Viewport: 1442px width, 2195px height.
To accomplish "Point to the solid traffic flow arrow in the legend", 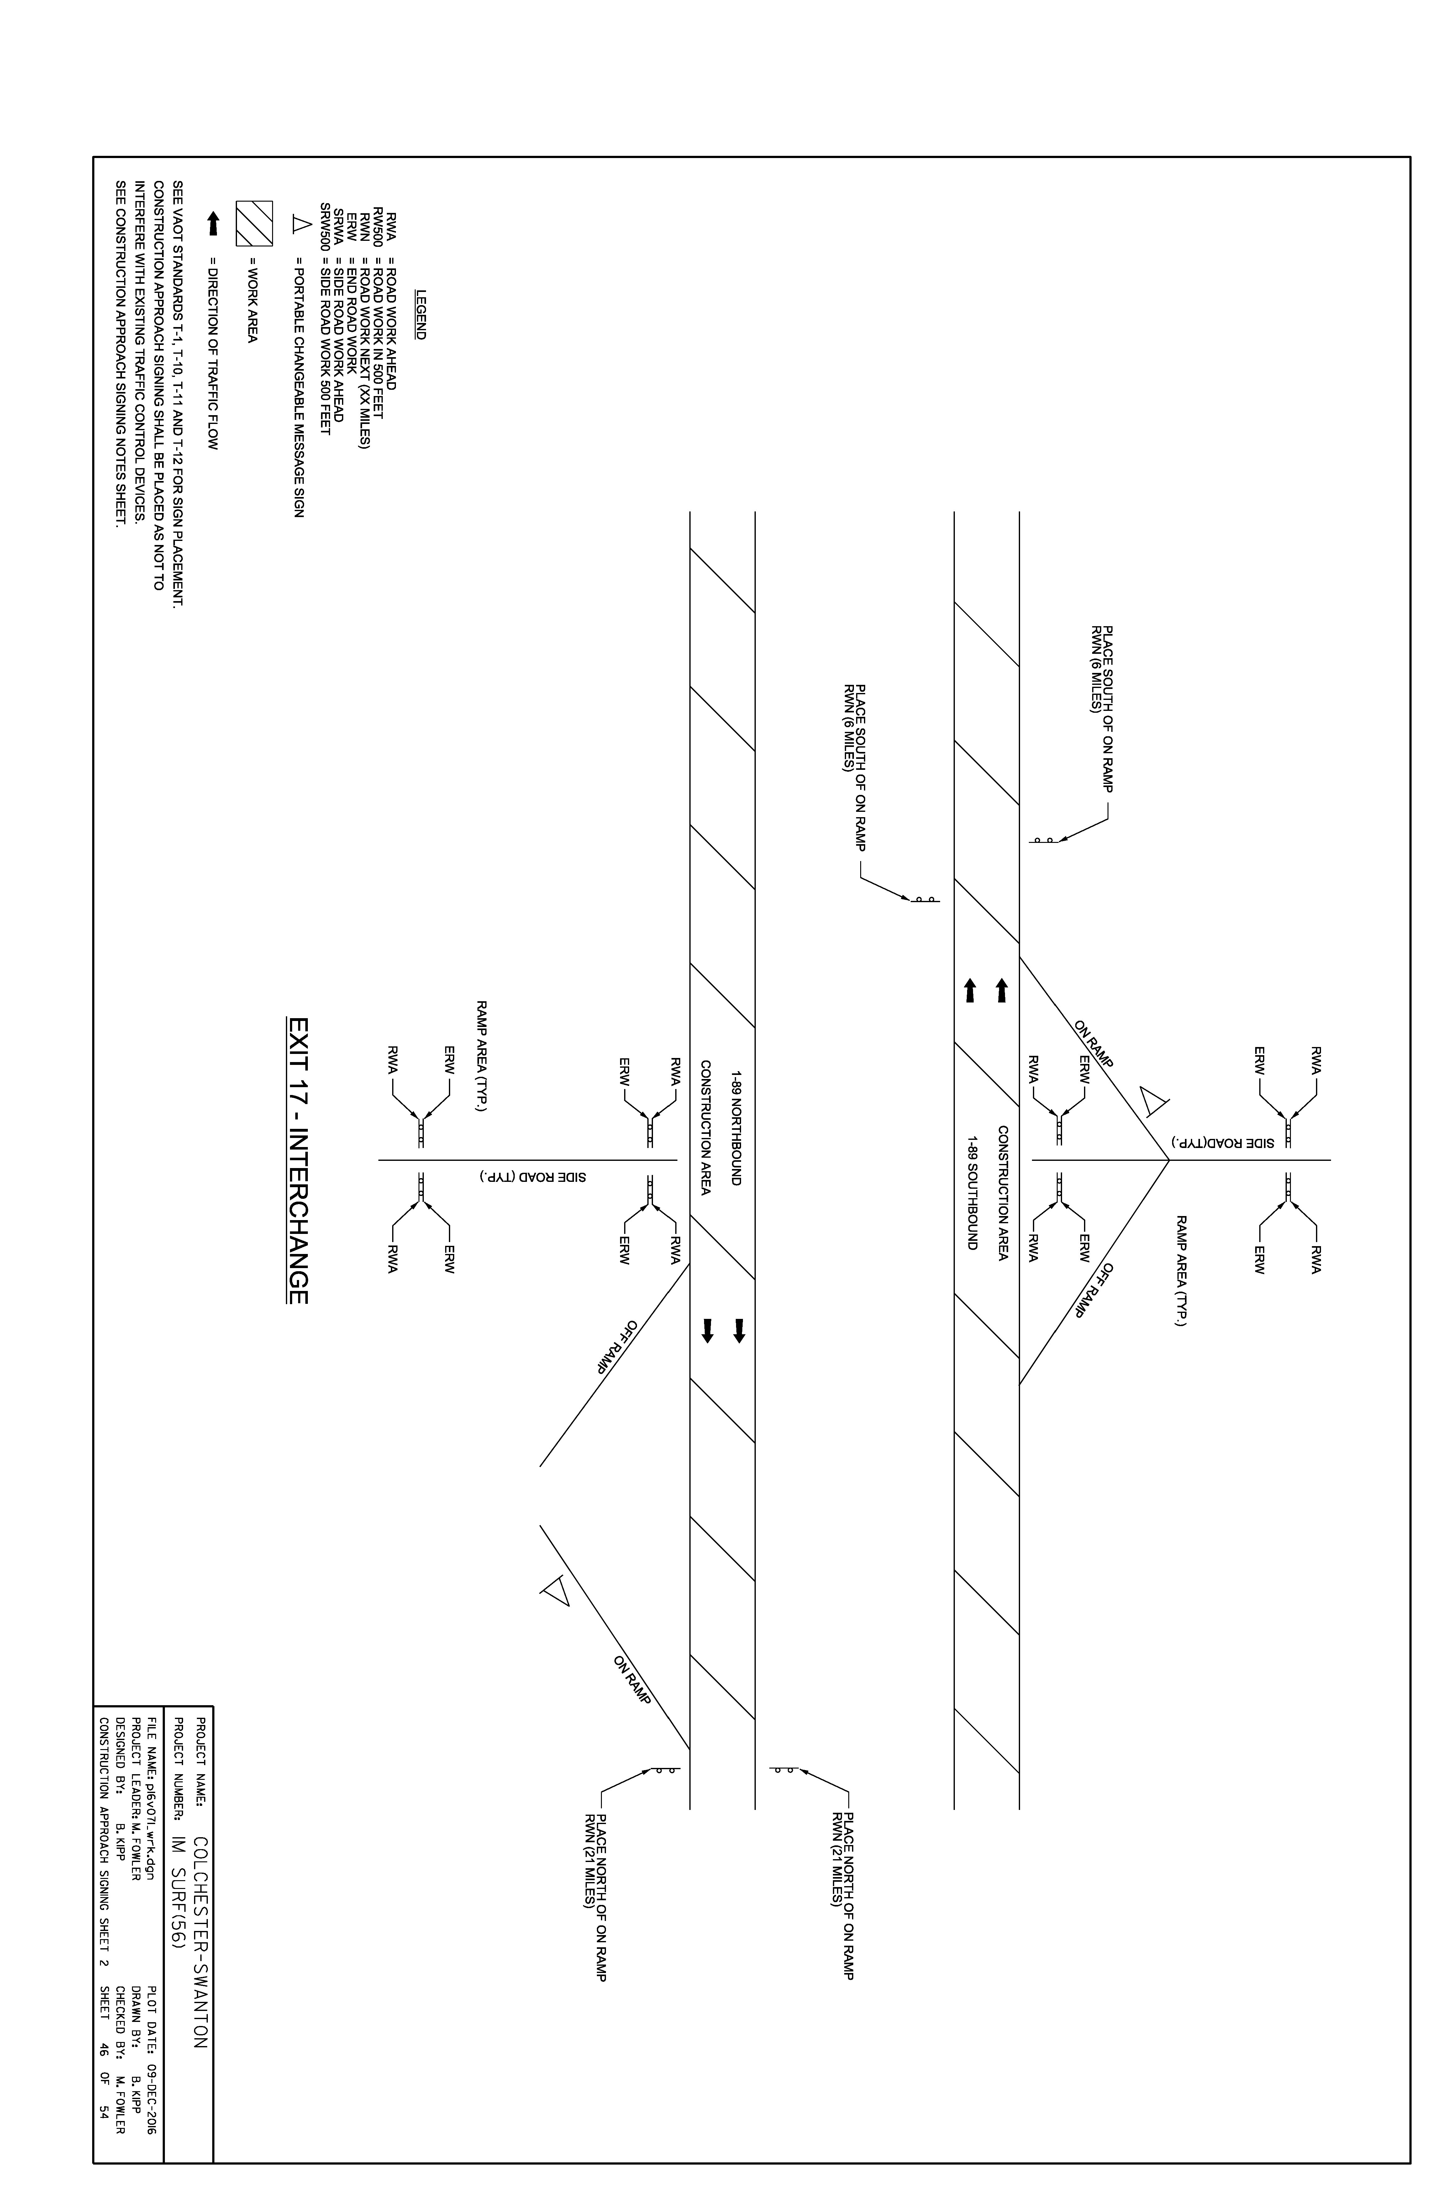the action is (213, 223).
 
